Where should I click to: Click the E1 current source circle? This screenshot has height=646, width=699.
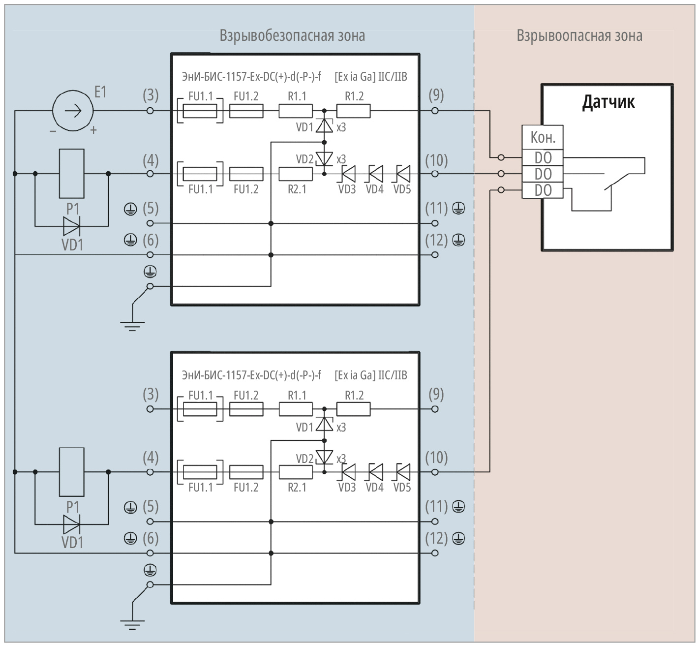tap(73, 111)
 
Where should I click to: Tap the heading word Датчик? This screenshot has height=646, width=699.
tap(608, 102)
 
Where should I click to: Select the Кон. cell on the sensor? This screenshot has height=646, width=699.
tap(543, 137)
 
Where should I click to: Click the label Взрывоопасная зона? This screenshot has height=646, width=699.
tap(579, 35)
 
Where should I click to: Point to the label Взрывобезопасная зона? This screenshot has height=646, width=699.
tap(292, 35)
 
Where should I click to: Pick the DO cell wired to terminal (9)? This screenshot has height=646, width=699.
tap(543, 158)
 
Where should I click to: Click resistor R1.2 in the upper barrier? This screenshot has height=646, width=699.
tap(353, 111)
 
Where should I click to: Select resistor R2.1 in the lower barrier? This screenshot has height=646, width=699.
tap(296, 472)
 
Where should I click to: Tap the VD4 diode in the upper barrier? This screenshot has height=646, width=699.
tap(375, 174)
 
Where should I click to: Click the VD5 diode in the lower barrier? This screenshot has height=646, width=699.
tap(403, 472)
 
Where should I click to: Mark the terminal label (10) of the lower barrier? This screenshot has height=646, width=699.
tap(436, 458)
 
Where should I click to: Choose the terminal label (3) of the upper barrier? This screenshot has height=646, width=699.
tap(151, 95)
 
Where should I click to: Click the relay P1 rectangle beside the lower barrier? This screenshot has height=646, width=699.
tap(71, 472)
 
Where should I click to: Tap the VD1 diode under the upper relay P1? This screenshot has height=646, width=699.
tap(71, 226)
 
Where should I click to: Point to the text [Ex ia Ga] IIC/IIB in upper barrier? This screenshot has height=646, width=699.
tap(371, 77)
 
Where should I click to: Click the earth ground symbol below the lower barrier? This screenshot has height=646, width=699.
tap(132, 623)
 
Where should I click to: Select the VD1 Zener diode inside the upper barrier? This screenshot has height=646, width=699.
tap(324, 126)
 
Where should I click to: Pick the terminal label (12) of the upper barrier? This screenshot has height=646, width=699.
tap(436, 240)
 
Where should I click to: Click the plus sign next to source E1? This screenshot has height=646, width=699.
tap(93, 130)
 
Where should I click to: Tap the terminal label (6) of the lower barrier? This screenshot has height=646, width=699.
tap(151, 538)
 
